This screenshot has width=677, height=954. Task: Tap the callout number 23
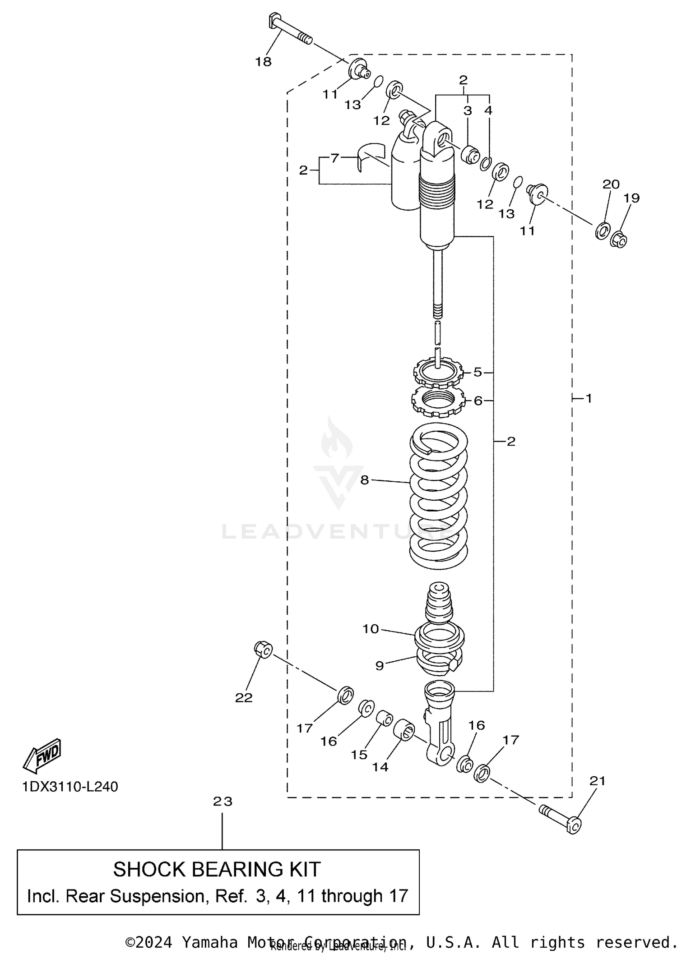click(x=223, y=802)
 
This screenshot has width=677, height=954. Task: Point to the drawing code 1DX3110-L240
click(x=70, y=787)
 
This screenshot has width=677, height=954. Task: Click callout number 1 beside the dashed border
click(x=589, y=398)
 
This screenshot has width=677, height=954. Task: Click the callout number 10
click(x=371, y=629)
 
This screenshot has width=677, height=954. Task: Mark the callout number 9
click(x=379, y=666)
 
